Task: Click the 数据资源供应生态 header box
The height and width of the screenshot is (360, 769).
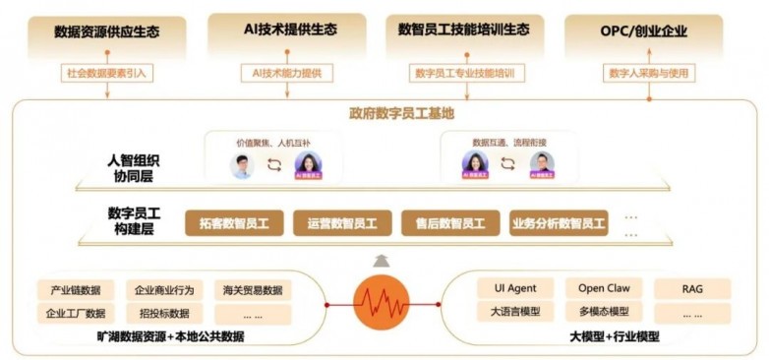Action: click(x=106, y=31)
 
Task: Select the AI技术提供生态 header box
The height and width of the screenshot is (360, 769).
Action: click(x=286, y=31)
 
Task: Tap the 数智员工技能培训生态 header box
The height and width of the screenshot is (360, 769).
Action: click(x=466, y=31)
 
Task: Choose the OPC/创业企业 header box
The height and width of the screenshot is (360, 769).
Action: click(x=644, y=31)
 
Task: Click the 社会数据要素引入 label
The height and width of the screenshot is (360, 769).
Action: click(x=106, y=73)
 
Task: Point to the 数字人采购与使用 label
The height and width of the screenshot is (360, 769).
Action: click(x=644, y=73)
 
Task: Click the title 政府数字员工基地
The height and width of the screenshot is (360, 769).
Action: click(x=384, y=113)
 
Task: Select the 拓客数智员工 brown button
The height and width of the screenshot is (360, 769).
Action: click(x=233, y=223)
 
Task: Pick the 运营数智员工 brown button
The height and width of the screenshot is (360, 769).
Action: click(x=341, y=223)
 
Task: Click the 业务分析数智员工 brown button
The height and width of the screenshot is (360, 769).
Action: click(x=558, y=223)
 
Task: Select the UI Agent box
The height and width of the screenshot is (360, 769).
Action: click(x=507, y=288)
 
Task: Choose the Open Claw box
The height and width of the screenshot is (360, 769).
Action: click(x=603, y=288)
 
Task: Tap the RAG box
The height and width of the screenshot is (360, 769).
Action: click(x=692, y=288)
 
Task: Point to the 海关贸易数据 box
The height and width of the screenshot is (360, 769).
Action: click(x=252, y=290)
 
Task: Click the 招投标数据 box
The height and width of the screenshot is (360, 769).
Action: click(x=164, y=314)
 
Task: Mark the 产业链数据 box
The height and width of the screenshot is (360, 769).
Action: click(x=76, y=290)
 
